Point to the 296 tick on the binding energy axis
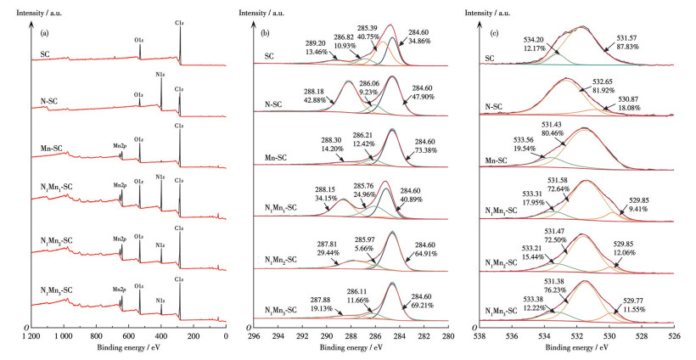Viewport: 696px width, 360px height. (253, 336)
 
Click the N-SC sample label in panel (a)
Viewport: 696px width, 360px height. (50, 108)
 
